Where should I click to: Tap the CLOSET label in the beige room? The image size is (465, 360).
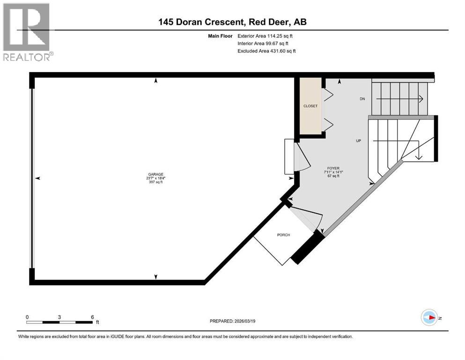310,106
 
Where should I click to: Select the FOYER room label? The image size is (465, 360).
333,167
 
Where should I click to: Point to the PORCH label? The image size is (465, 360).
283,235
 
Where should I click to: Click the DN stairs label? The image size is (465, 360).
362,99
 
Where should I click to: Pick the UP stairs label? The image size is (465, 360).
358,140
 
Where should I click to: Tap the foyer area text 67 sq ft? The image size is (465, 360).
333,177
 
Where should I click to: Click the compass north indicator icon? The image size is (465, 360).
429,317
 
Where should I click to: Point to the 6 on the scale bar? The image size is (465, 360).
92,317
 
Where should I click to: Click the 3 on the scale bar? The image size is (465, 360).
59,317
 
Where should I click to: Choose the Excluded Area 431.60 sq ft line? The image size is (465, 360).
266,51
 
